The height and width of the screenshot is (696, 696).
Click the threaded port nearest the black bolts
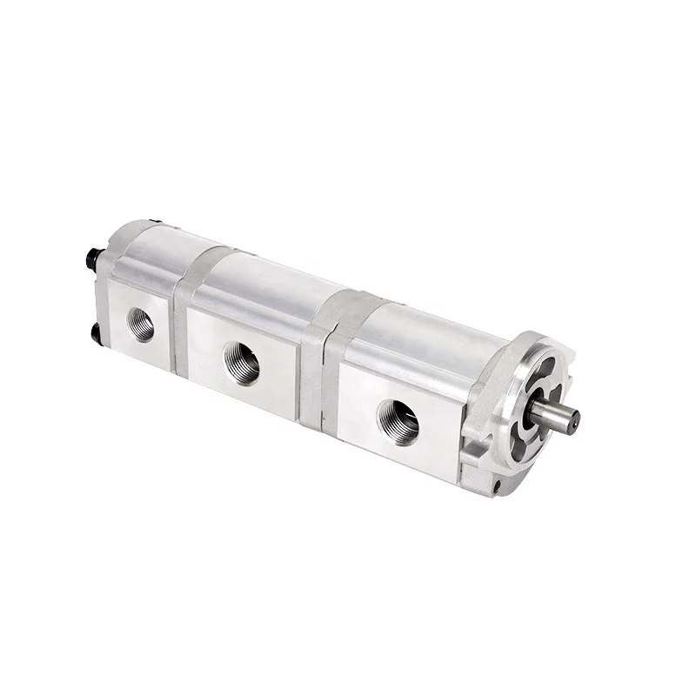(140, 325)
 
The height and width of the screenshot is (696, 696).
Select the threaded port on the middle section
(241, 362)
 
